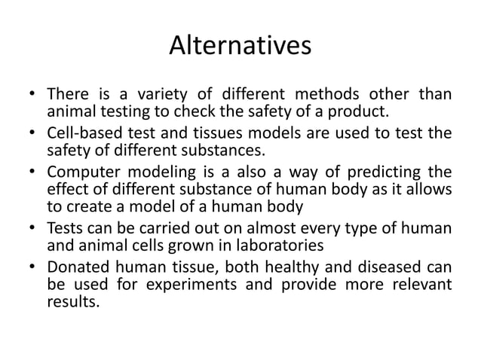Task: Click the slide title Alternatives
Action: (240, 47)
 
